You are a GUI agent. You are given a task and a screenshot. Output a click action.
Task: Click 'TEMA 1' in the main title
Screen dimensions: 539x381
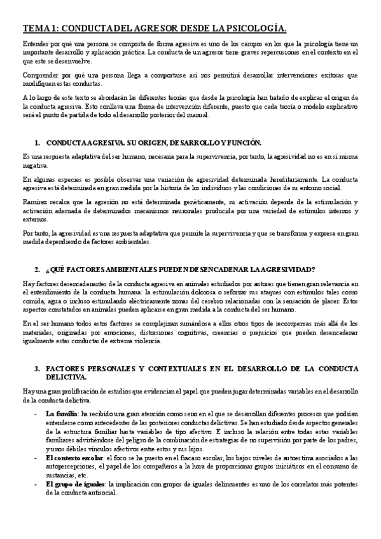click(x=39, y=28)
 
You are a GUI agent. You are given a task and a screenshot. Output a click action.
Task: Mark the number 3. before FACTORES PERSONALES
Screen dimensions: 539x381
click(x=38, y=368)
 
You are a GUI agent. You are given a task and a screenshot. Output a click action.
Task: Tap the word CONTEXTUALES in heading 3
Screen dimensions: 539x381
click(x=163, y=368)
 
